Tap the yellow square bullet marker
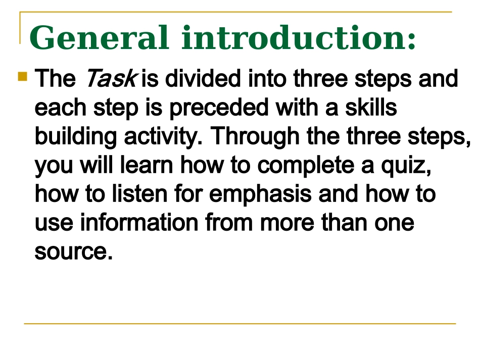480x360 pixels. (23, 77)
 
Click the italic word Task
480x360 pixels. (110, 79)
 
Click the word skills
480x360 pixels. (370, 108)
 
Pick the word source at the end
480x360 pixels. (72, 251)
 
